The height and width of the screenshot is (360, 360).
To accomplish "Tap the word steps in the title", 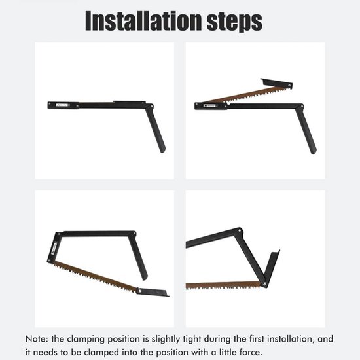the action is pyautogui.click(x=234, y=22).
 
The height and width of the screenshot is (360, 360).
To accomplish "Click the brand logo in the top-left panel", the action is pyautogui.click(x=62, y=105).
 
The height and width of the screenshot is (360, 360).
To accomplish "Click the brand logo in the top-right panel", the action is pyautogui.click(x=209, y=106).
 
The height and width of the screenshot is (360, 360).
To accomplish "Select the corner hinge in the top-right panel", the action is pyautogui.click(x=301, y=107).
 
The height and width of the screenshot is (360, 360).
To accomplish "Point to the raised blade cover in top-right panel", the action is pyautogui.click(x=276, y=83).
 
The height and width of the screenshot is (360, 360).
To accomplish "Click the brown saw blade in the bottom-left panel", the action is pyautogui.click(x=96, y=276).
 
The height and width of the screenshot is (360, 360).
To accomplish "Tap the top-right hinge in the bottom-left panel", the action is pyautogui.click(x=134, y=234).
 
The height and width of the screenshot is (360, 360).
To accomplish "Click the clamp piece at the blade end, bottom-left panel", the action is pyautogui.click(x=153, y=292).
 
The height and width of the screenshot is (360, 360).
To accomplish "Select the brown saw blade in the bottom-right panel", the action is pyautogui.click(x=223, y=285).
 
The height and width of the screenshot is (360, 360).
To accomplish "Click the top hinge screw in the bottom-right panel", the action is pyautogui.click(x=239, y=230).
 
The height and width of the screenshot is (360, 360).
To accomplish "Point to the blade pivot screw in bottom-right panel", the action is pyautogui.click(x=264, y=284).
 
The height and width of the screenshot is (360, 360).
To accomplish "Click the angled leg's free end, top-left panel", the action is pyautogui.click(x=162, y=150).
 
